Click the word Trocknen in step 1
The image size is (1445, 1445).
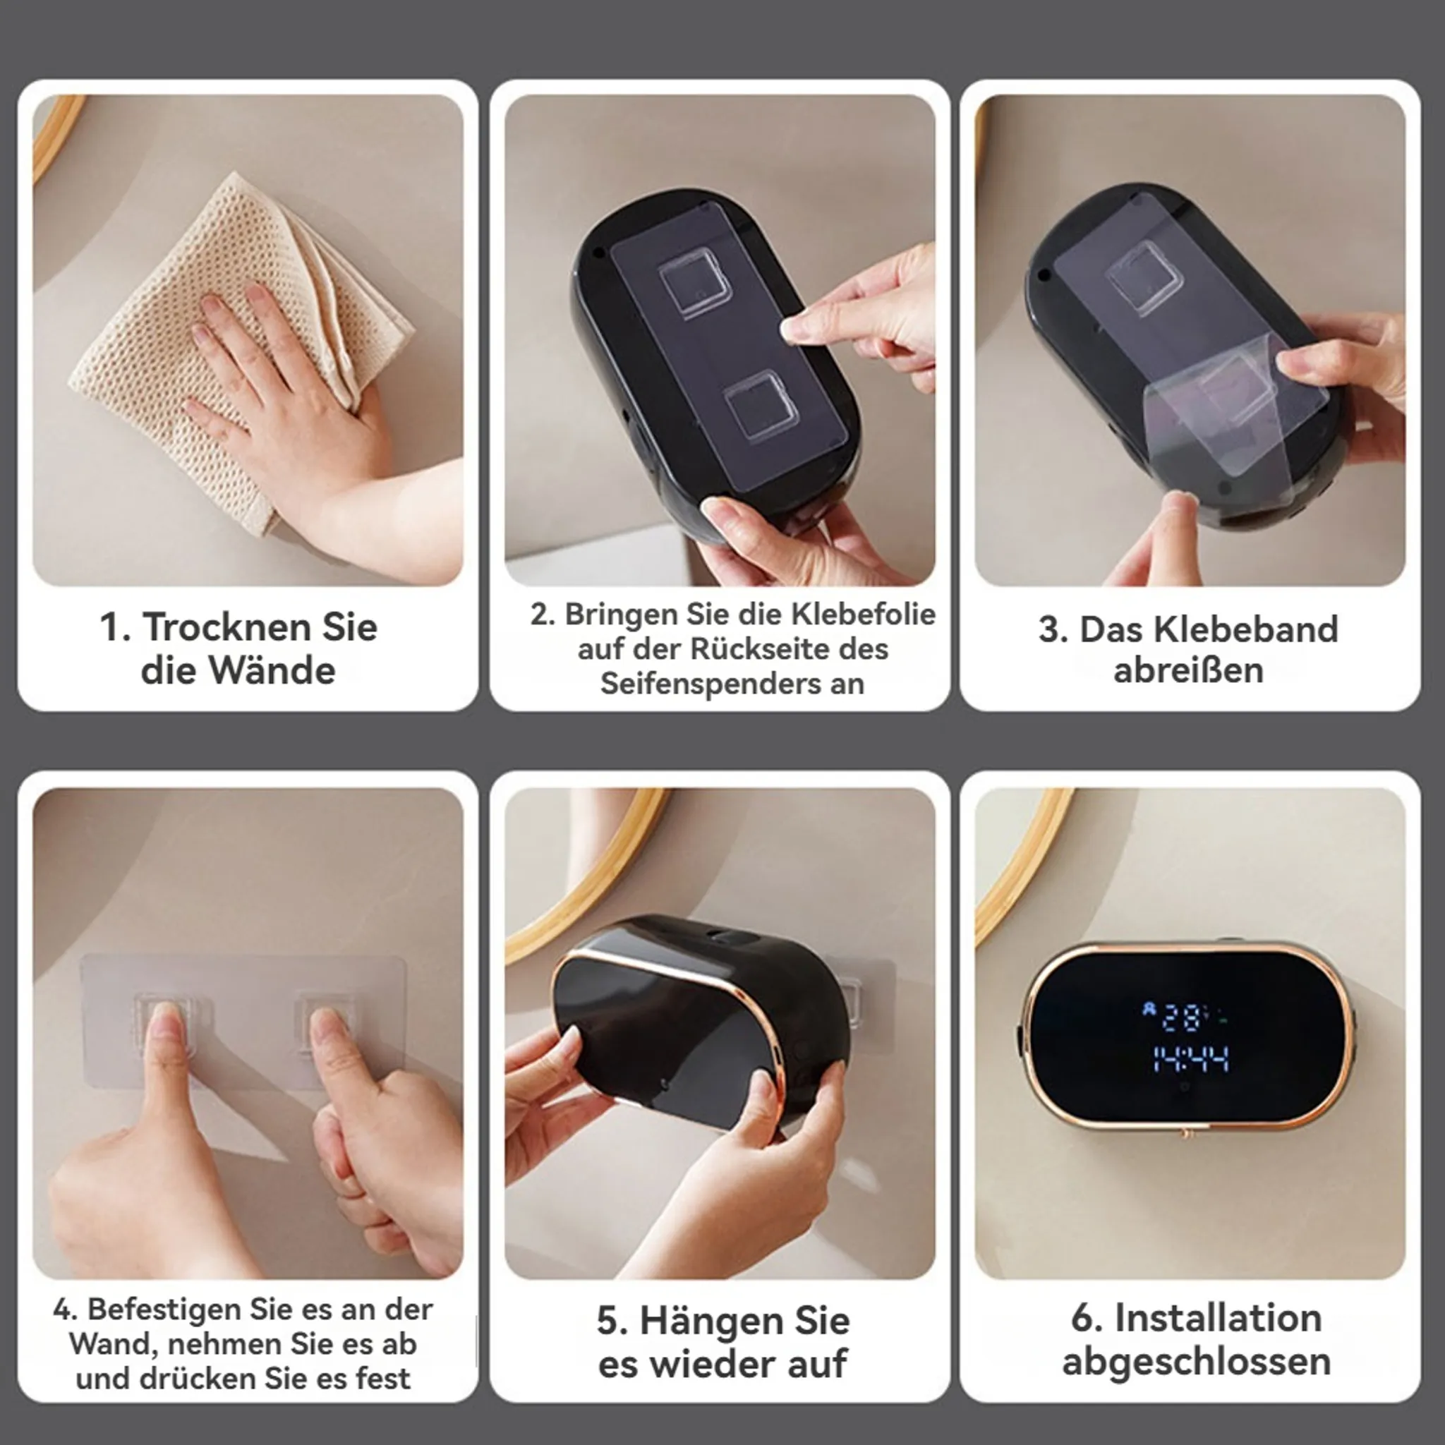[x=227, y=627]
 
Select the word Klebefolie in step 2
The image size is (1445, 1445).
[x=863, y=614]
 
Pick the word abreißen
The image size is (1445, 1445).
[x=1188, y=670]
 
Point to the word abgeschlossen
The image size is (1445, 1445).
[x=1197, y=1360]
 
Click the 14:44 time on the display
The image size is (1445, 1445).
[x=1191, y=1059]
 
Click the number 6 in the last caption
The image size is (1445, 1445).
[x=1082, y=1317]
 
